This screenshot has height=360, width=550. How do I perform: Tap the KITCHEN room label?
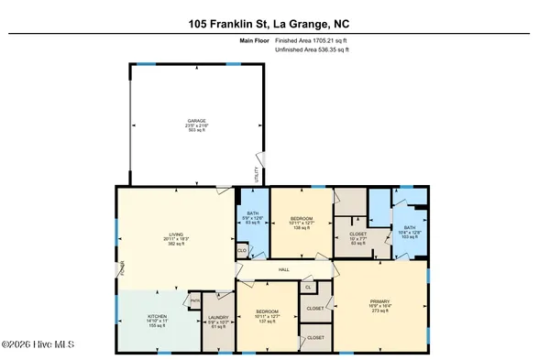tap(158, 319)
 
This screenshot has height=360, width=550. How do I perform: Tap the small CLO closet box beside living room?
tap(242, 248)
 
